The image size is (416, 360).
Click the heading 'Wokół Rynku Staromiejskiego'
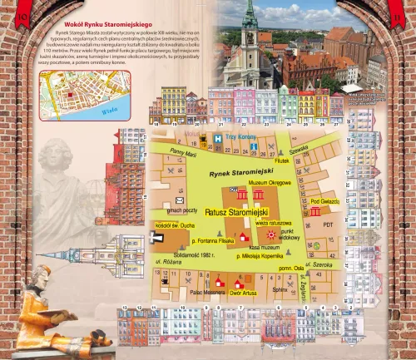(x=113, y=27)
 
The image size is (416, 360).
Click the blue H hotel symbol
(x=218, y=138)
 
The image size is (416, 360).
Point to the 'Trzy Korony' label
(x=243, y=137)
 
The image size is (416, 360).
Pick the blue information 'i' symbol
(x=253, y=146)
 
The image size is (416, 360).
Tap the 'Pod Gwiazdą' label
(x=324, y=201)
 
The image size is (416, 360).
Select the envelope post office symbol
(x=179, y=200)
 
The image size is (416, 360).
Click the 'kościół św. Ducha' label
(x=174, y=225)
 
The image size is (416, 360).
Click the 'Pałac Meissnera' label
(x=204, y=292)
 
